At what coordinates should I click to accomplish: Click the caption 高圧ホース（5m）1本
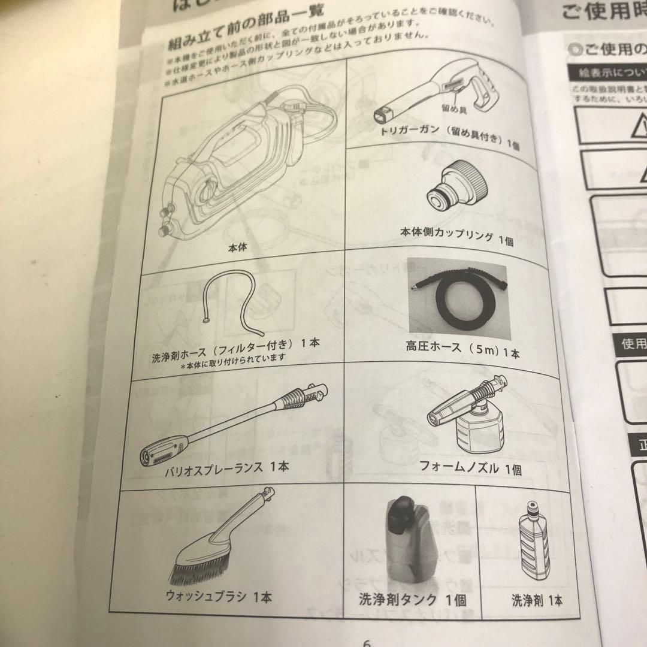462,351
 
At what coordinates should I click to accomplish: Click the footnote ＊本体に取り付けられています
232,357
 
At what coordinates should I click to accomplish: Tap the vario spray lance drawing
234,423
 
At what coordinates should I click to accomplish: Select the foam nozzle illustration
467,419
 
